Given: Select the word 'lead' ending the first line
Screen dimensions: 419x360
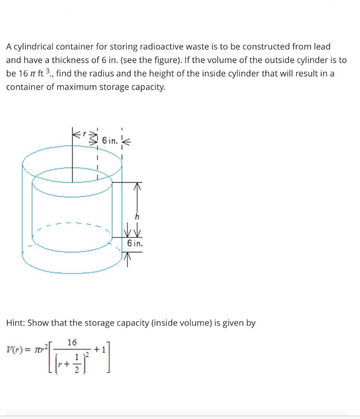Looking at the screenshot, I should point(322,47).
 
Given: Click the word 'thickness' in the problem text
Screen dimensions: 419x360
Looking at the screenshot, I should point(73,60).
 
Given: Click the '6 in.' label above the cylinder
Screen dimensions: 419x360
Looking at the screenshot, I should point(110,141).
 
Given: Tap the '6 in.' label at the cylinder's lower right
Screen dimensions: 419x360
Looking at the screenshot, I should point(135,243).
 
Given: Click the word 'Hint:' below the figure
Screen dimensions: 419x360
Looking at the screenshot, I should point(16,323).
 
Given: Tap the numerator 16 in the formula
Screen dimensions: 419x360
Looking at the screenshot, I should point(72,342).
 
